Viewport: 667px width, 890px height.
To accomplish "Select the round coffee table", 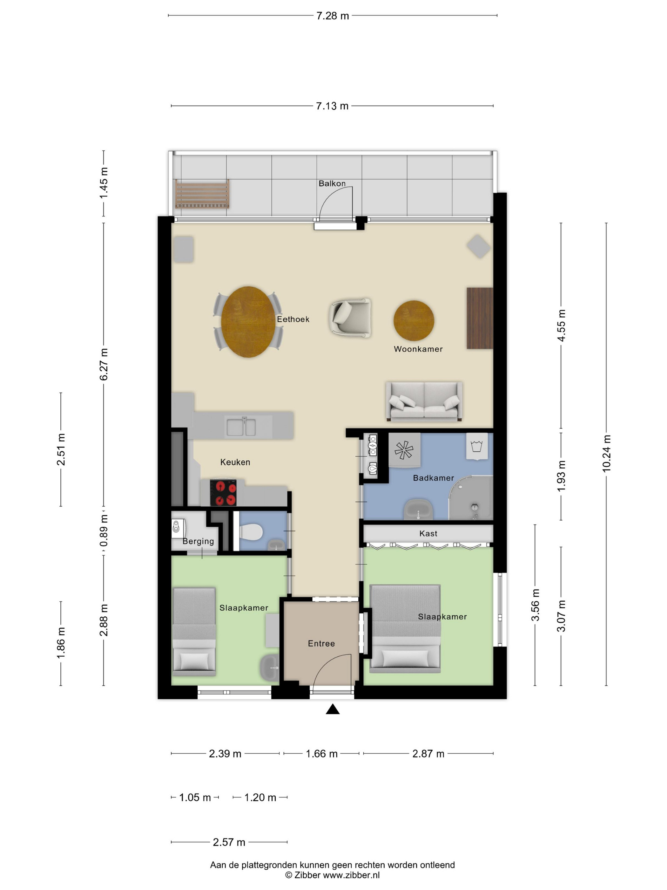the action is pos(414,321).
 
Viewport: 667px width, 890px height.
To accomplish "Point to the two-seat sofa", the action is pos(424,401).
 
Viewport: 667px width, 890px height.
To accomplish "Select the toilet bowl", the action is pos(251,532).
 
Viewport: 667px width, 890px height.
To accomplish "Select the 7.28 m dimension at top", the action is pos(333,16).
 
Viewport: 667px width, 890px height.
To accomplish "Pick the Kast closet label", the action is pos(428,533).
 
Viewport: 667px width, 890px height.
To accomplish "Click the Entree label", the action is pos(321,643).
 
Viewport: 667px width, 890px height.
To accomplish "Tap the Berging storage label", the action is pos(198,542).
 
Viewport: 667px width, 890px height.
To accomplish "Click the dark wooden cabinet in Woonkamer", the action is pos(480,318).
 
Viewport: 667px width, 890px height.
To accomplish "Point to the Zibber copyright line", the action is pos(333,875).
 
